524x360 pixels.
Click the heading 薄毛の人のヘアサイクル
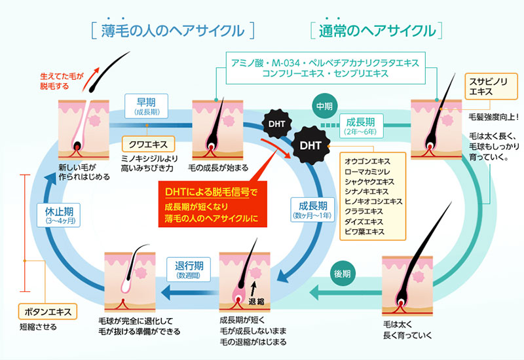173,31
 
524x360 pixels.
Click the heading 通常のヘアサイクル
377,31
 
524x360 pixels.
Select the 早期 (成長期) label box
146,106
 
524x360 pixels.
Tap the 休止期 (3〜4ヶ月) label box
59,215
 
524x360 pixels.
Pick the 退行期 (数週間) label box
189,270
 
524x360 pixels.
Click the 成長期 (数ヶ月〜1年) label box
312,209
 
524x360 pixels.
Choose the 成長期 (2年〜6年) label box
360,126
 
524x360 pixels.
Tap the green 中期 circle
324,106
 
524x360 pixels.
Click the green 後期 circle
342,274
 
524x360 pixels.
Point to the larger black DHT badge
310,145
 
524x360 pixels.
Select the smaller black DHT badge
276,124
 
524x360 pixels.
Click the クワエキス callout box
148,144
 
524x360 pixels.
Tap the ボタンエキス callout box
48,312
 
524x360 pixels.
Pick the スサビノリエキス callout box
491,86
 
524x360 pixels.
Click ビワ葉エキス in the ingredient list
364,232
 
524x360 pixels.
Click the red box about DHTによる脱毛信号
212,204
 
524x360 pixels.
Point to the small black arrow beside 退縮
253,289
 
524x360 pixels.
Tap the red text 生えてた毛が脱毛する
62,81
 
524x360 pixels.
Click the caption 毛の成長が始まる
218,168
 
